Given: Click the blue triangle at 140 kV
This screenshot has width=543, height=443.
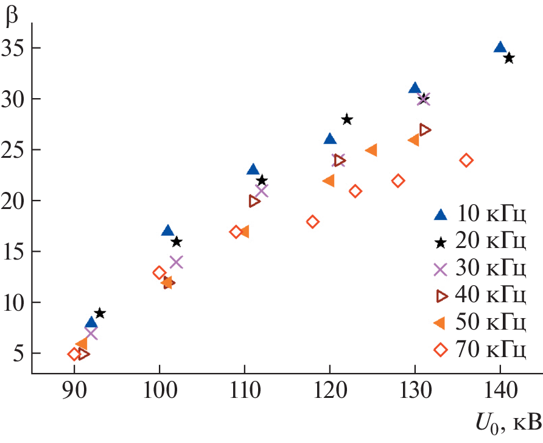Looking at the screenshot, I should click(x=500, y=48).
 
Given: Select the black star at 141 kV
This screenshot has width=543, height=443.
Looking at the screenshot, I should click(x=509, y=58).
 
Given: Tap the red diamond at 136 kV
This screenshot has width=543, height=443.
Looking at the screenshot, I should click(x=466, y=160).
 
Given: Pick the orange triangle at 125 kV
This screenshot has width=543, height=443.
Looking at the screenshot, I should click(x=371, y=150).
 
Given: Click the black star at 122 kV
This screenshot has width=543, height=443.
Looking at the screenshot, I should click(x=347, y=119).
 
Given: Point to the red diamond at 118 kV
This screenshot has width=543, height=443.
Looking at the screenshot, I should click(x=312, y=221).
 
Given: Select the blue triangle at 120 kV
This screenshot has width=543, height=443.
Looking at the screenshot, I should click(x=330, y=139).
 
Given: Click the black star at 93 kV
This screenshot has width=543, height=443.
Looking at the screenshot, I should click(x=100, y=313).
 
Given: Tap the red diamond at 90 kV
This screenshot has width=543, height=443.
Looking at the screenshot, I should click(x=74, y=354).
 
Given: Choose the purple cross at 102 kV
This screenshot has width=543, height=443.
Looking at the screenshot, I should click(x=177, y=262).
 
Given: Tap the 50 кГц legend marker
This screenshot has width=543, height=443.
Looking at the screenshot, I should click(x=443, y=323).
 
